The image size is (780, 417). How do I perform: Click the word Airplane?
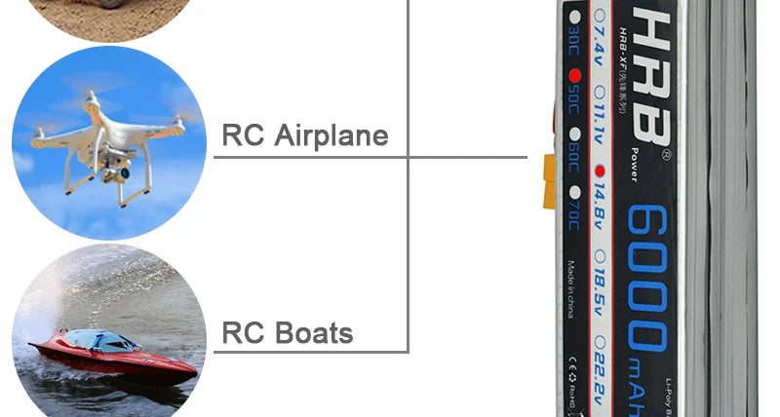(x=331, y=134)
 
